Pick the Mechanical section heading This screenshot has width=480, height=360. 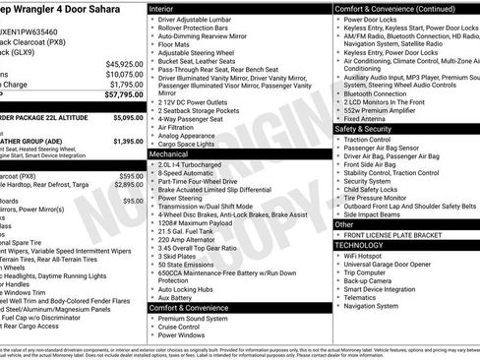click(169, 154)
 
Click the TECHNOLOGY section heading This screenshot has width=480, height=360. click(360, 244)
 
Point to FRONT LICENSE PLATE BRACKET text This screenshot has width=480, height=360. click(401, 235)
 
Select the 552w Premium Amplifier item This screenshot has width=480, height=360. click(385, 107)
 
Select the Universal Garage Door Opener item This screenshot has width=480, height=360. click(392, 264)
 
